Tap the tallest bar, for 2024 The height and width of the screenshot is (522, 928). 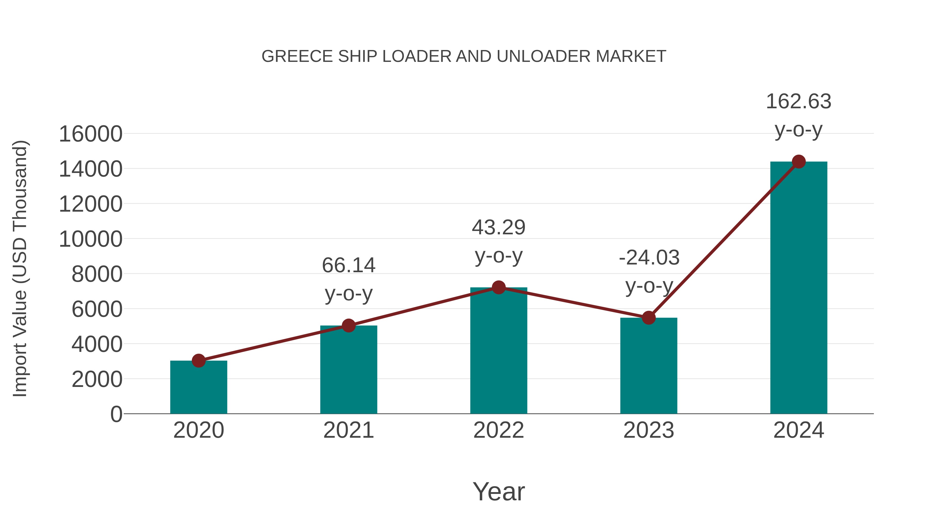point(799,288)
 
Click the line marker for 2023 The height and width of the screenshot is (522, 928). point(649,318)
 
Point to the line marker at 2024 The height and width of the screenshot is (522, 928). point(799,162)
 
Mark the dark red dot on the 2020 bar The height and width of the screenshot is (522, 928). point(198,360)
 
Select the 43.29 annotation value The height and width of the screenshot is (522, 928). point(499,228)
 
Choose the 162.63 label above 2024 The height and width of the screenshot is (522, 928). point(799,102)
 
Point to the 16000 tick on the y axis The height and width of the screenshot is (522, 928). point(90,134)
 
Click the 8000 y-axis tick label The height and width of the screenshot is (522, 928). point(97,274)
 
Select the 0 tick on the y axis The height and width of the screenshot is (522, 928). point(116,414)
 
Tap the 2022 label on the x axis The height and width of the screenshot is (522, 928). point(499,430)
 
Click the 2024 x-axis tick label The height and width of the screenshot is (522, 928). point(799,430)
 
